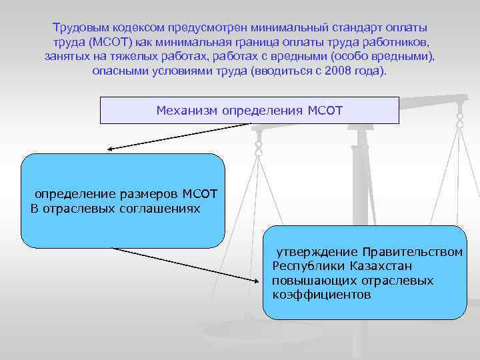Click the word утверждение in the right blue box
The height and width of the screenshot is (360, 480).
click(317, 252)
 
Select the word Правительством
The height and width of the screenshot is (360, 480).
click(413, 252)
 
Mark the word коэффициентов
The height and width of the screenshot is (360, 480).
click(321, 294)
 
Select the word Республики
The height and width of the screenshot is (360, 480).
click(306, 266)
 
